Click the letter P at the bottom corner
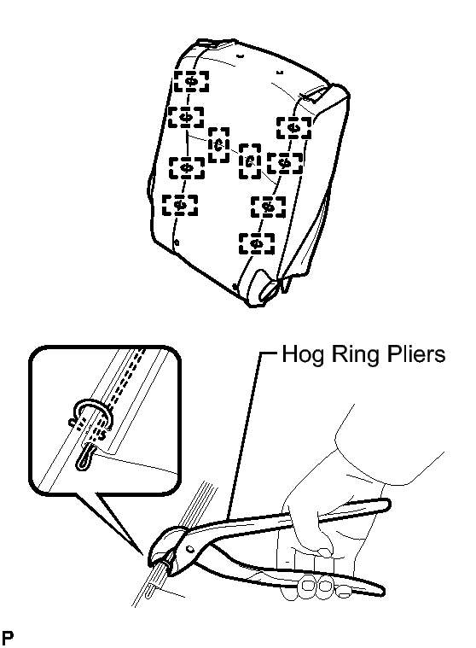7,638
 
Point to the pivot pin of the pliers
190,549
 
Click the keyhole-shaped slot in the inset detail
84,457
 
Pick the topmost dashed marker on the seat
191,81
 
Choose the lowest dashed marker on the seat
257,243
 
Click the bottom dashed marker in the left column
180,205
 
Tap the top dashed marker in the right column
294,128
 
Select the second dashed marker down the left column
186,117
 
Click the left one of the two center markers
218,144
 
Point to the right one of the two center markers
250,161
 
